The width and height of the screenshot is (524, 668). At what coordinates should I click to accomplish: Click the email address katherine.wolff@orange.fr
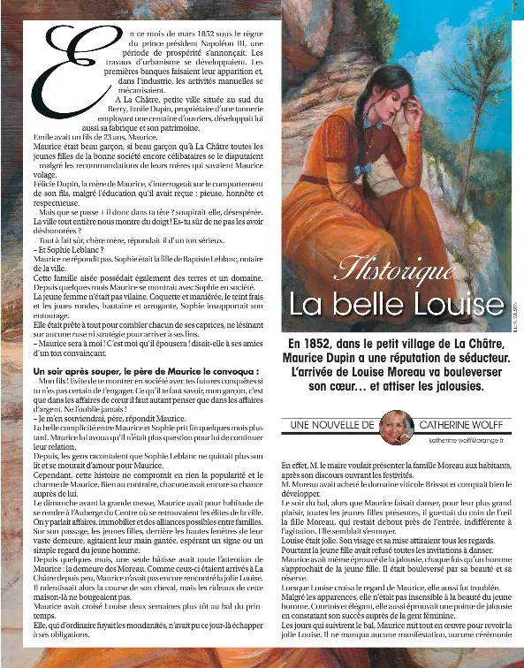coord(466,439)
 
